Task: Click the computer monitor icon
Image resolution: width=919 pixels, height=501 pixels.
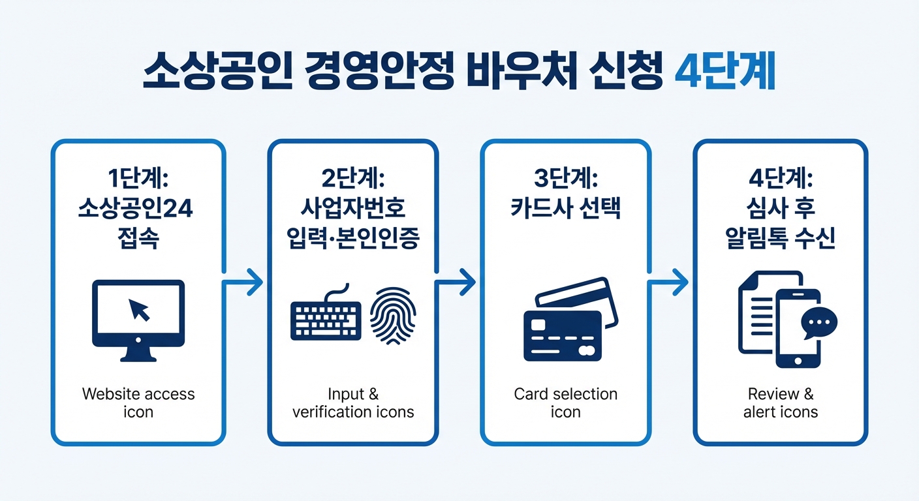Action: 138,320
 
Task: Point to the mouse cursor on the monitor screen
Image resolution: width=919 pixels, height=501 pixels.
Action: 139,309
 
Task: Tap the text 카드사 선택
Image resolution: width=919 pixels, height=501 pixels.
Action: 565,209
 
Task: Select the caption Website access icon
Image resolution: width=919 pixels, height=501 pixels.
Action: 138,403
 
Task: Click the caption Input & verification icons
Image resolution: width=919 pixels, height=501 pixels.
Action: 353,403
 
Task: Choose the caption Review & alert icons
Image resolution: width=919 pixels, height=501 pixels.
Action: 781,403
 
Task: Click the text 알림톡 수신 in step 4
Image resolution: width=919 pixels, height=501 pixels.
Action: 781,239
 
